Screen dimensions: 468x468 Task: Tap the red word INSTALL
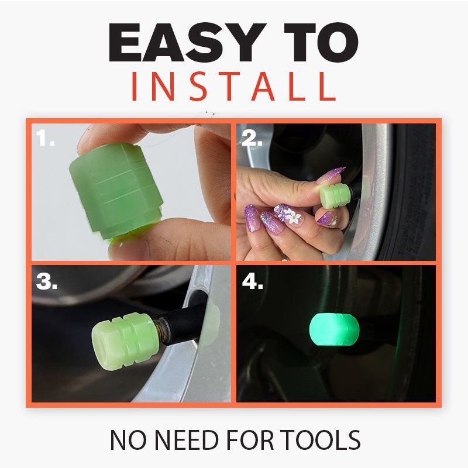pos(233,86)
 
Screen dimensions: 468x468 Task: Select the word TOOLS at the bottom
pos(321,440)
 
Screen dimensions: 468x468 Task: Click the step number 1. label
pos(46,137)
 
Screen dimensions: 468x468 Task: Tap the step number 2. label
pos(252,138)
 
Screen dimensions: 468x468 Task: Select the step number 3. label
pos(47,281)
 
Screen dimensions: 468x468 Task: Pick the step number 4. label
pos(253,281)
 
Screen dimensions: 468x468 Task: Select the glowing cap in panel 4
pos(334,329)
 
